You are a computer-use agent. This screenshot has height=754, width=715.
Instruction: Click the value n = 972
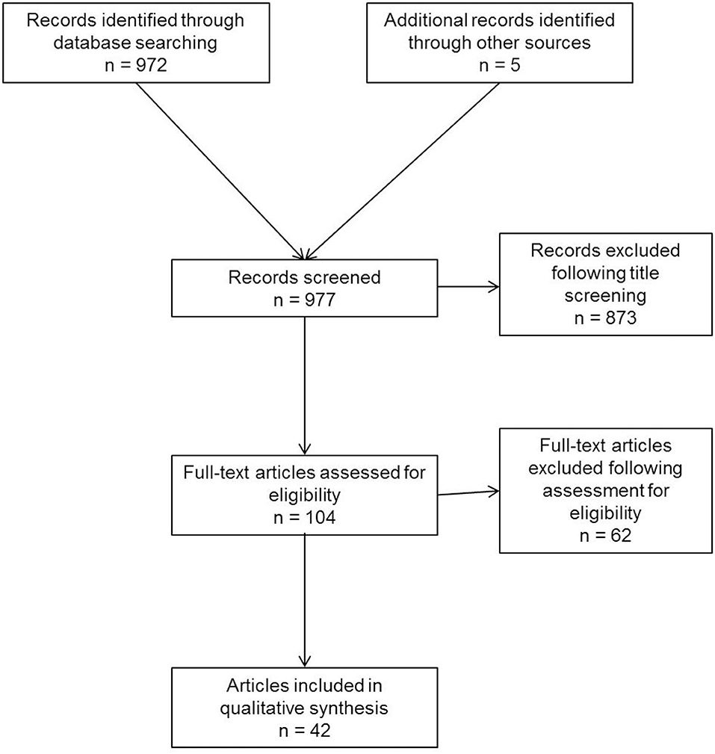coord(136,65)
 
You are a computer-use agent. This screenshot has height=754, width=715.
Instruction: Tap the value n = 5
coord(500,65)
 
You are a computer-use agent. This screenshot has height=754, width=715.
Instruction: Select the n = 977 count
coord(304,300)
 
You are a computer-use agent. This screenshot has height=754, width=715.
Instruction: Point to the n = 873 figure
coord(605,318)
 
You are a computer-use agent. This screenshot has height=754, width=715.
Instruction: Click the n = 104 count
coord(304,517)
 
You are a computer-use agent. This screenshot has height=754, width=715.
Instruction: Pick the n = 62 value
coord(605,535)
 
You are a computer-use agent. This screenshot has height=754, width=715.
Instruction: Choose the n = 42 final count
coord(304,730)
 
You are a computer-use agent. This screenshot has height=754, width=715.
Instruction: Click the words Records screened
coord(304,277)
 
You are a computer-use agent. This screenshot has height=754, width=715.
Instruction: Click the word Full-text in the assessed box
coord(217,472)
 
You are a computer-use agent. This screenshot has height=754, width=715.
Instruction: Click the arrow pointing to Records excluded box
coord(468,287)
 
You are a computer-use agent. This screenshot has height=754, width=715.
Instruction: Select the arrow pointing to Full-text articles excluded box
coord(468,492)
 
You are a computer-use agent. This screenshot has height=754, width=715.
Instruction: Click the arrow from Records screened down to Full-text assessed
coord(304,386)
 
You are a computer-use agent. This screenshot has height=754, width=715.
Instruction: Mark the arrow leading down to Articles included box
coord(304,601)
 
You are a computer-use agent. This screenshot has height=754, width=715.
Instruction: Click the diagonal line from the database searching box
coord(220,171)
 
